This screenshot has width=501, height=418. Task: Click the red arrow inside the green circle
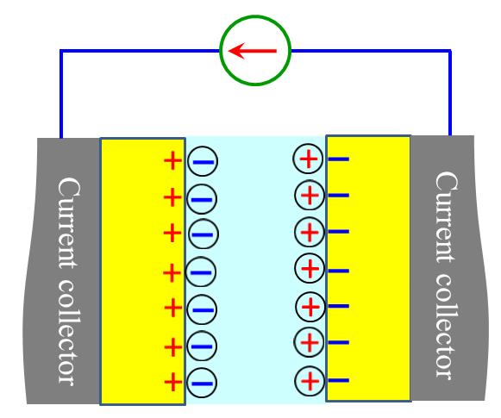[253, 51]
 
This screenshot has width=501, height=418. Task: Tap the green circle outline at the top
[255, 16]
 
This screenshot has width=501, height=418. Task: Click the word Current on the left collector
[69, 222]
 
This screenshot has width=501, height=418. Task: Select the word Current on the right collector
[446, 217]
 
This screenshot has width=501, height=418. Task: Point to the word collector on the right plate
[445, 327]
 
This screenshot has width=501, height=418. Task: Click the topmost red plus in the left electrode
[172, 160]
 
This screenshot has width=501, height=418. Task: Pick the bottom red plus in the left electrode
[173, 382]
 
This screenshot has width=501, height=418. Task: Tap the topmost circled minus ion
[203, 161]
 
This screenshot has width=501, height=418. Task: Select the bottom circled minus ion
[202, 383]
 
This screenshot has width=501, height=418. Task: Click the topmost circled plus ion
[309, 159]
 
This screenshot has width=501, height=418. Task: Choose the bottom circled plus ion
[310, 381]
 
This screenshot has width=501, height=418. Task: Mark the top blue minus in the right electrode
[338, 159]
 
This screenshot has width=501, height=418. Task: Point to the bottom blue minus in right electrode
[338, 380]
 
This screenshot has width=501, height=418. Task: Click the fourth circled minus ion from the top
[201, 272]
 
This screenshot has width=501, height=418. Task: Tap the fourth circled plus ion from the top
[310, 268]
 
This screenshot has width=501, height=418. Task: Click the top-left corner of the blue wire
[61, 51]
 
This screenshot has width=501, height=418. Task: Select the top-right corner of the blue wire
[450, 51]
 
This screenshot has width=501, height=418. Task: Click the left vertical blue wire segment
[61, 94]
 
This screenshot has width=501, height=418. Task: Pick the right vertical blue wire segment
[450, 92]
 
